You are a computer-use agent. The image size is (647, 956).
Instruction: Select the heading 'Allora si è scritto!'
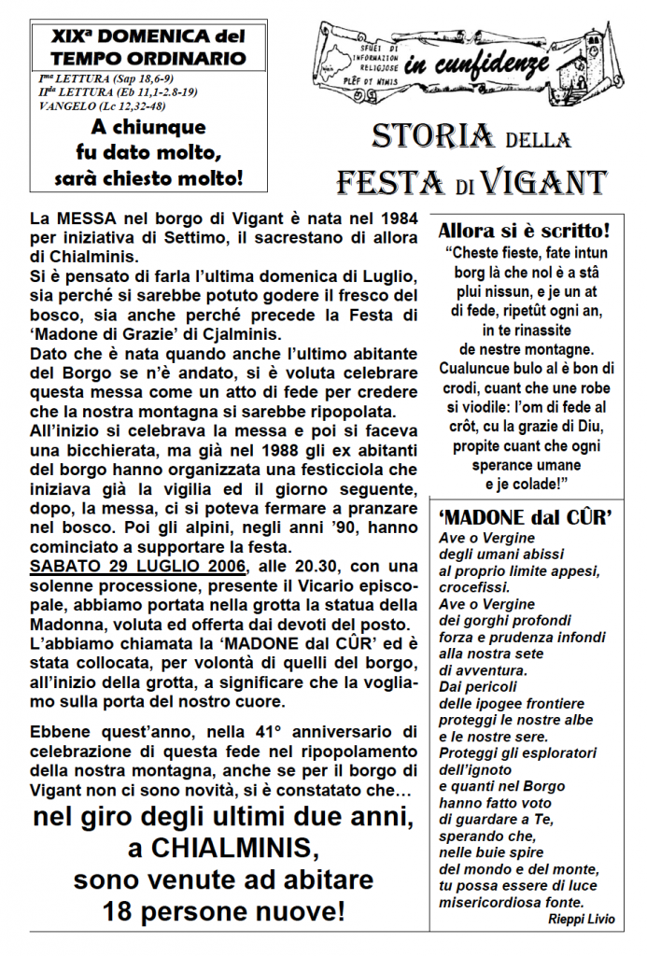coord(524,230)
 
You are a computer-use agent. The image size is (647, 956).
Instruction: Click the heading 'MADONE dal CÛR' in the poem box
coord(525,517)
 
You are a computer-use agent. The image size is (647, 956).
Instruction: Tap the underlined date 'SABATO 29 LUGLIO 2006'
coord(137,566)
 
